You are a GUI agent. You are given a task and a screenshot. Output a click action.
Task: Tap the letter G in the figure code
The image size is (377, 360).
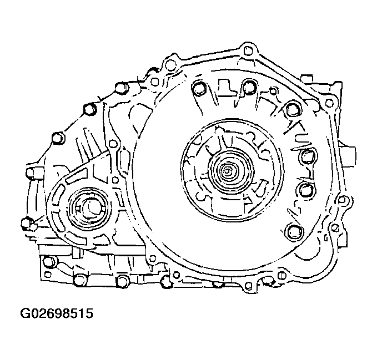(x=25, y=313)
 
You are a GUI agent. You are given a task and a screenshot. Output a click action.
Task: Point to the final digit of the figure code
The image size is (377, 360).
(x=88, y=313)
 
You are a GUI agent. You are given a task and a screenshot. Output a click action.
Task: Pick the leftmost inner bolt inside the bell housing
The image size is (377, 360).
(x=198, y=88)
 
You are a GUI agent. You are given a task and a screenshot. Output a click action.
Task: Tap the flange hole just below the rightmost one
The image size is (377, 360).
(x=335, y=227)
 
